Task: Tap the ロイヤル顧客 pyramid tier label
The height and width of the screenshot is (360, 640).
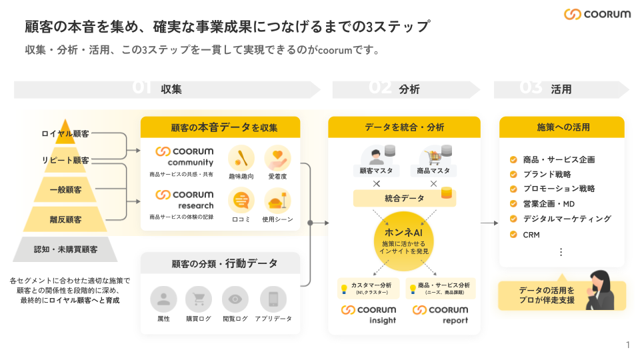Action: [x=65, y=134]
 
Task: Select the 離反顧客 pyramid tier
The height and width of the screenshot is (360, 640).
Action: [x=65, y=219]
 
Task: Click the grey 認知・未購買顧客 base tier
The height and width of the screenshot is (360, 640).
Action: [x=65, y=249]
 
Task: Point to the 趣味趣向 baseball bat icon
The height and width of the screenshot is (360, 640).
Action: [x=241, y=159]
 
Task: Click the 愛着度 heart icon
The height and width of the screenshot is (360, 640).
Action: [x=277, y=159]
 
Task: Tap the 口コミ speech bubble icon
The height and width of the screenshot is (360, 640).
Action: [x=241, y=200]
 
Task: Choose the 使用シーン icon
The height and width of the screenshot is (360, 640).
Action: [x=277, y=200]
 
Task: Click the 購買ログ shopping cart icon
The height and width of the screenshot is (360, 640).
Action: [x=199, y=299]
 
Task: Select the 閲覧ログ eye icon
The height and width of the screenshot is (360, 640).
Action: [x=235, y=299]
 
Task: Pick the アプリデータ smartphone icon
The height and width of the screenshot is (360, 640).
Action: [x=273, y=299]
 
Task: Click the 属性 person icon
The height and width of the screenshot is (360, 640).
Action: [x=163, y=299]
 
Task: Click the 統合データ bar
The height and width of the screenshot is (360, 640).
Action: [x=404, y=198]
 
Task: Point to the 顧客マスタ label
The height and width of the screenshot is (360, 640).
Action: [x=375, y=171]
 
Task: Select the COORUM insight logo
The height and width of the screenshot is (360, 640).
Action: [x=369, y=314]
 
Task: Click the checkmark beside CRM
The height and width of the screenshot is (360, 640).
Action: [x=513, y=235]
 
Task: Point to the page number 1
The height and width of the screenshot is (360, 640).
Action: [x=627, y=345]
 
